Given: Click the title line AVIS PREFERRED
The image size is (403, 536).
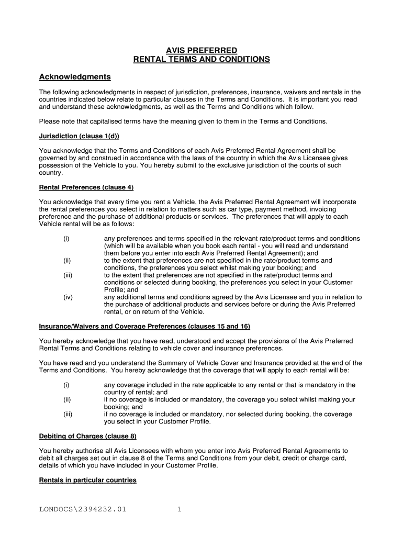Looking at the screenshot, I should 201,51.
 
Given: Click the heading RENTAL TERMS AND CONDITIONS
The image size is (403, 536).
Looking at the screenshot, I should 201,60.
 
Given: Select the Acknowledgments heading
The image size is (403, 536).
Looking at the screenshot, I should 75,77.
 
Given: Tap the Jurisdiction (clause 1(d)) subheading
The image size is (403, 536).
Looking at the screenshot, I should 79,136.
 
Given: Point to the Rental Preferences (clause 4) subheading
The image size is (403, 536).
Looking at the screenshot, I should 83,187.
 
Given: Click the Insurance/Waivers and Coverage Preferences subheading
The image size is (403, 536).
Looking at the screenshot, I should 144,327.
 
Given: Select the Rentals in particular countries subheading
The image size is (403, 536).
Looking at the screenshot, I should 87,480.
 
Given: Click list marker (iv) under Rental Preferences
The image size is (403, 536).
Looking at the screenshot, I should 68,297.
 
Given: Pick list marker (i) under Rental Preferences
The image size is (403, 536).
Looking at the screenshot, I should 66,239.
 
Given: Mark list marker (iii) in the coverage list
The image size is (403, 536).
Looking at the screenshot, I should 68,414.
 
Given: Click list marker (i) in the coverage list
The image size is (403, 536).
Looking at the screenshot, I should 66,385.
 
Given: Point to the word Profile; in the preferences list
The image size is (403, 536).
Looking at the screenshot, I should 114,290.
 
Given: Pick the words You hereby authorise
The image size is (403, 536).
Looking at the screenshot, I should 71,451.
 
